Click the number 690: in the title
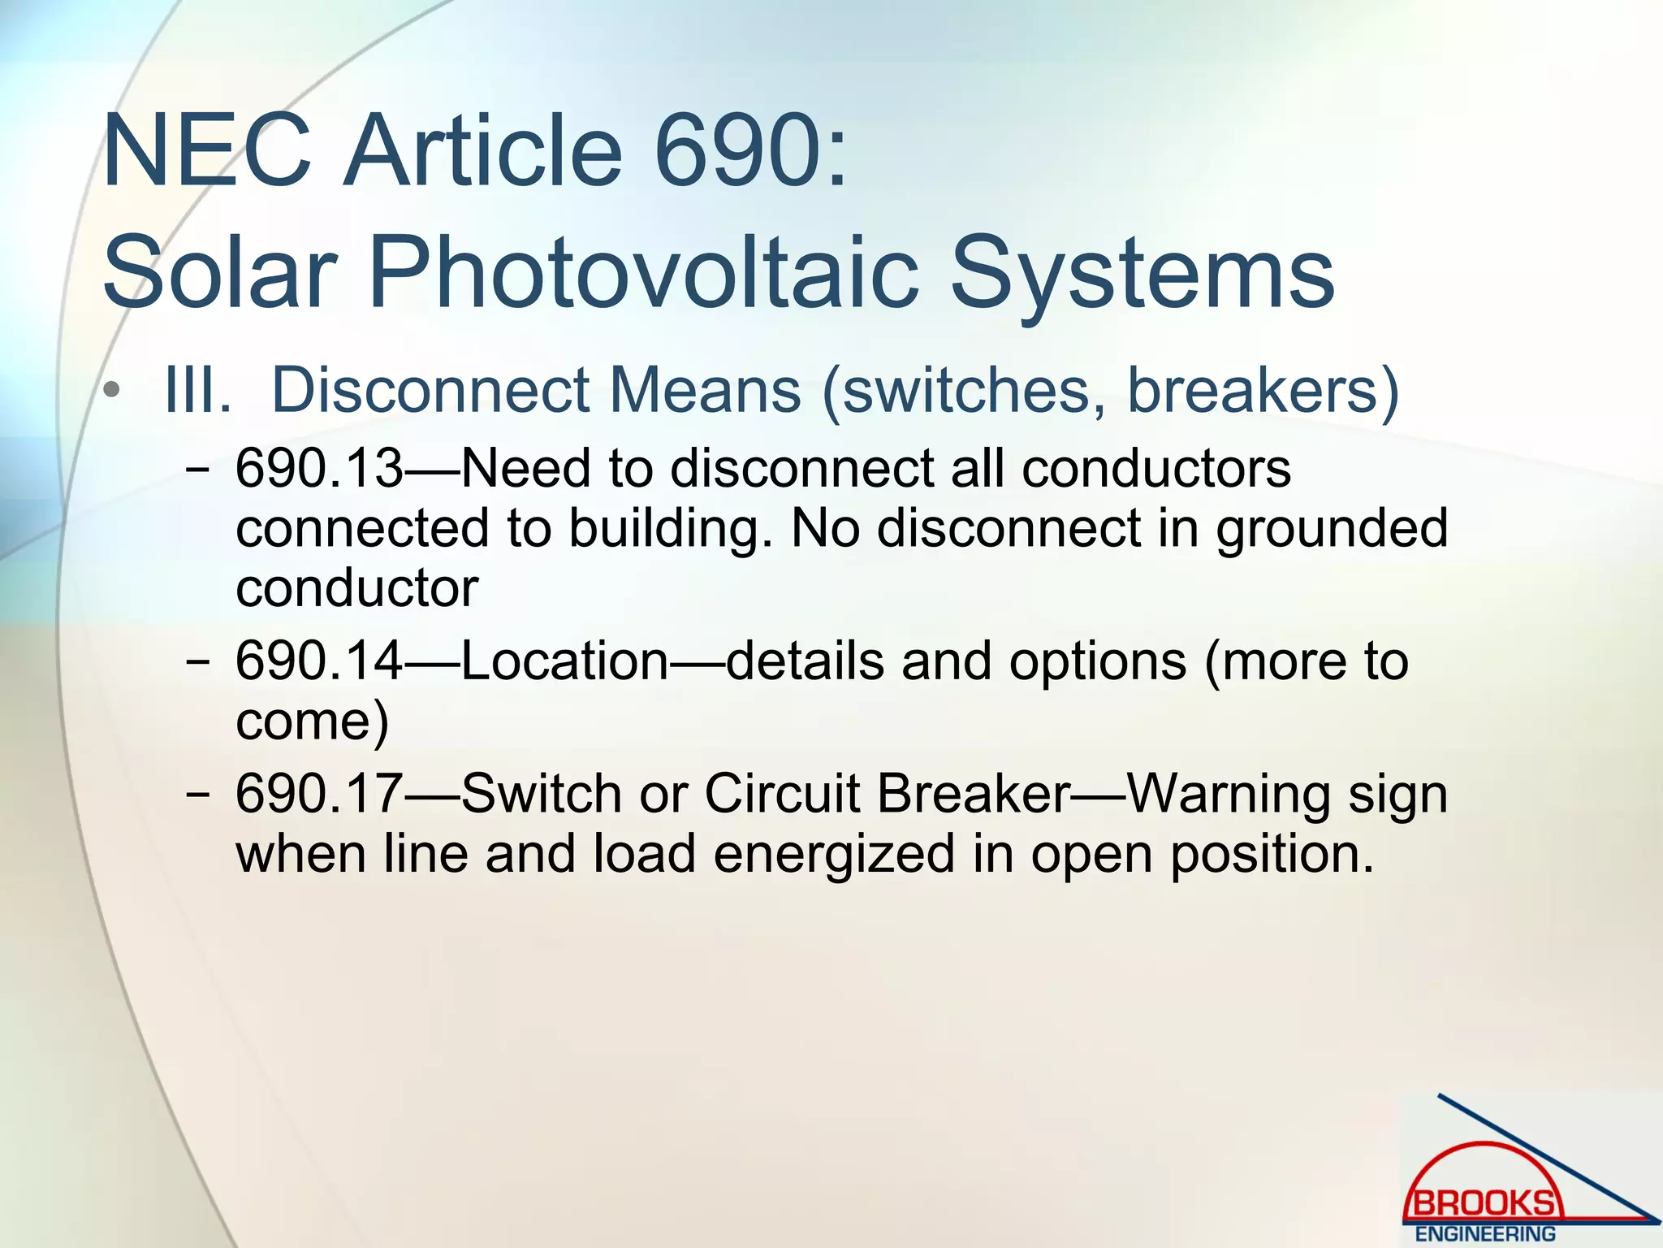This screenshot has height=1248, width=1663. click(751, 152)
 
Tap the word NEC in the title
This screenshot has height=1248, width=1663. click(207, 152)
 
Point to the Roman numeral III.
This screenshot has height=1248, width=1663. click(197, 391)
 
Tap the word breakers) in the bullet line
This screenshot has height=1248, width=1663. click(1263, 391)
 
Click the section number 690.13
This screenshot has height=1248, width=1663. click(318, 469)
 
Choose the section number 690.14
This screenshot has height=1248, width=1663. click(318, 661)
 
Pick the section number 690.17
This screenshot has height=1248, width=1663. click(318, 793)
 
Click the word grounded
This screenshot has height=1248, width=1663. click(1331, 529)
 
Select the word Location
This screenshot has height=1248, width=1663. click(565, 661)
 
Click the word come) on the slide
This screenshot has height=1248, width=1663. click(312, 721)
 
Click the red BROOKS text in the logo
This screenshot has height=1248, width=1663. click(1485, 1202)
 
